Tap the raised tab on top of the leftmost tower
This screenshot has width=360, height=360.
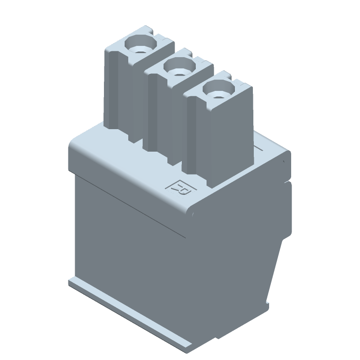tap(158, 34)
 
